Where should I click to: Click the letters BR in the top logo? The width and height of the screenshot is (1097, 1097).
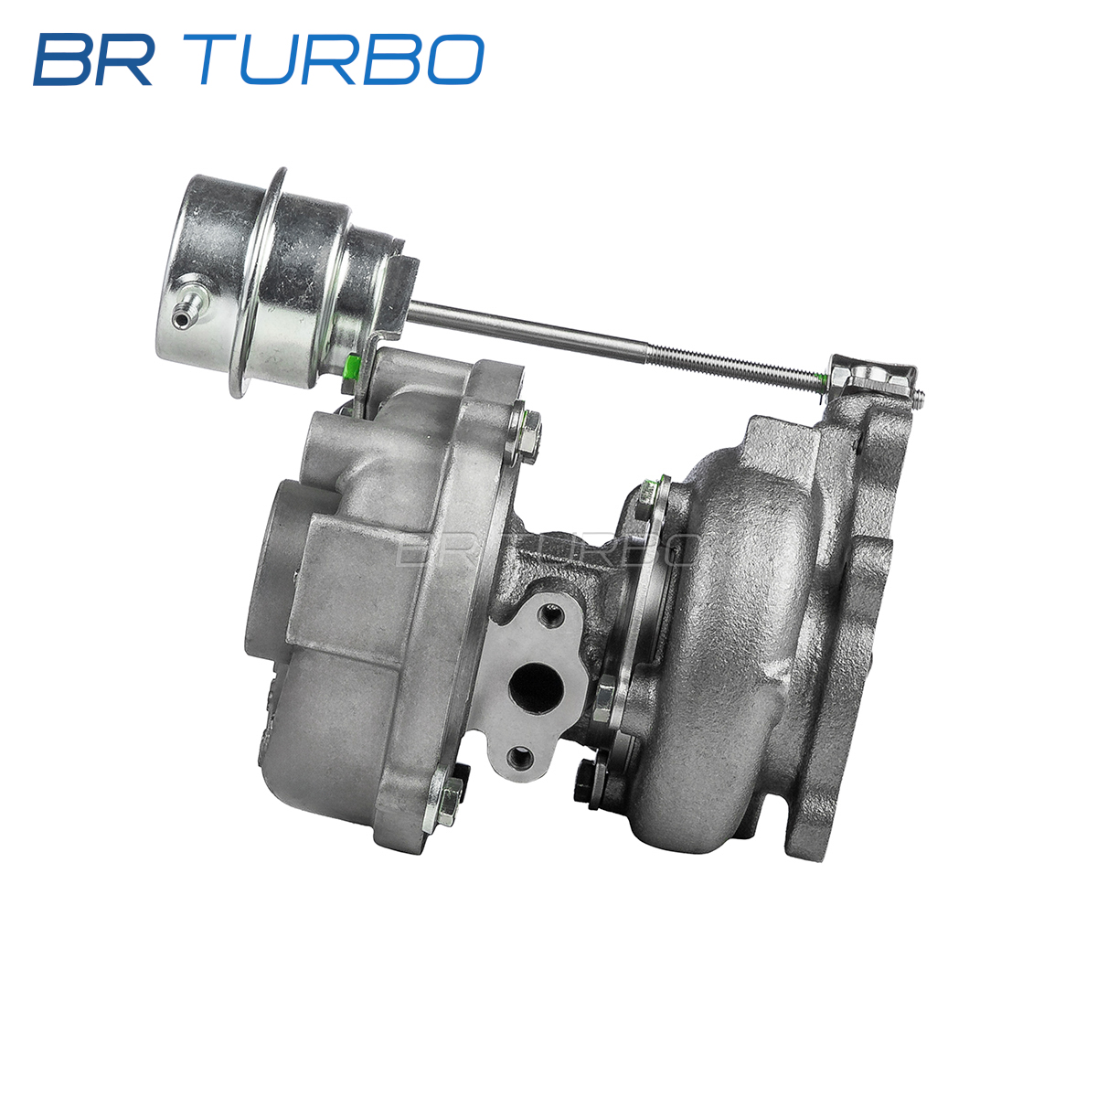tap(93, 59)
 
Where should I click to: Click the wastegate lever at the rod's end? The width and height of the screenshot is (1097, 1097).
tap(874, 378)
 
